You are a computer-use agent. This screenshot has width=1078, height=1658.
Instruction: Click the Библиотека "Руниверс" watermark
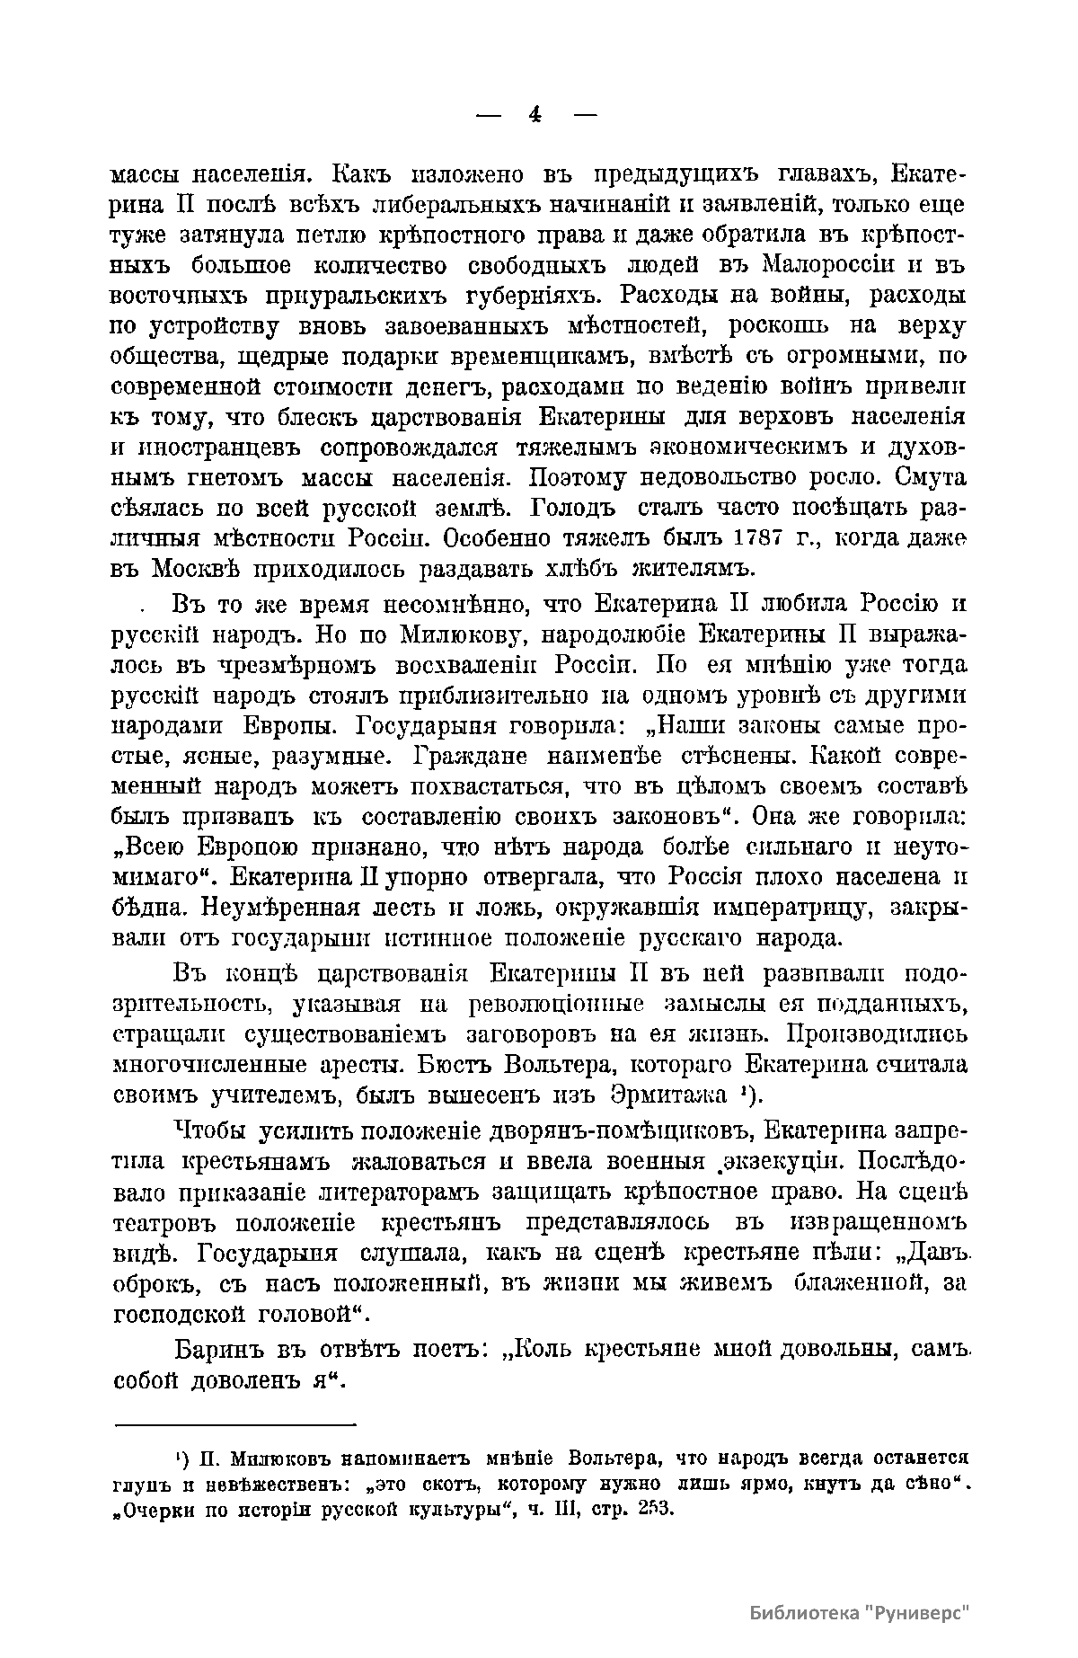pos(862,1613)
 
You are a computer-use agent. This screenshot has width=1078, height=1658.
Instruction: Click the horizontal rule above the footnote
pos(235,1425)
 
